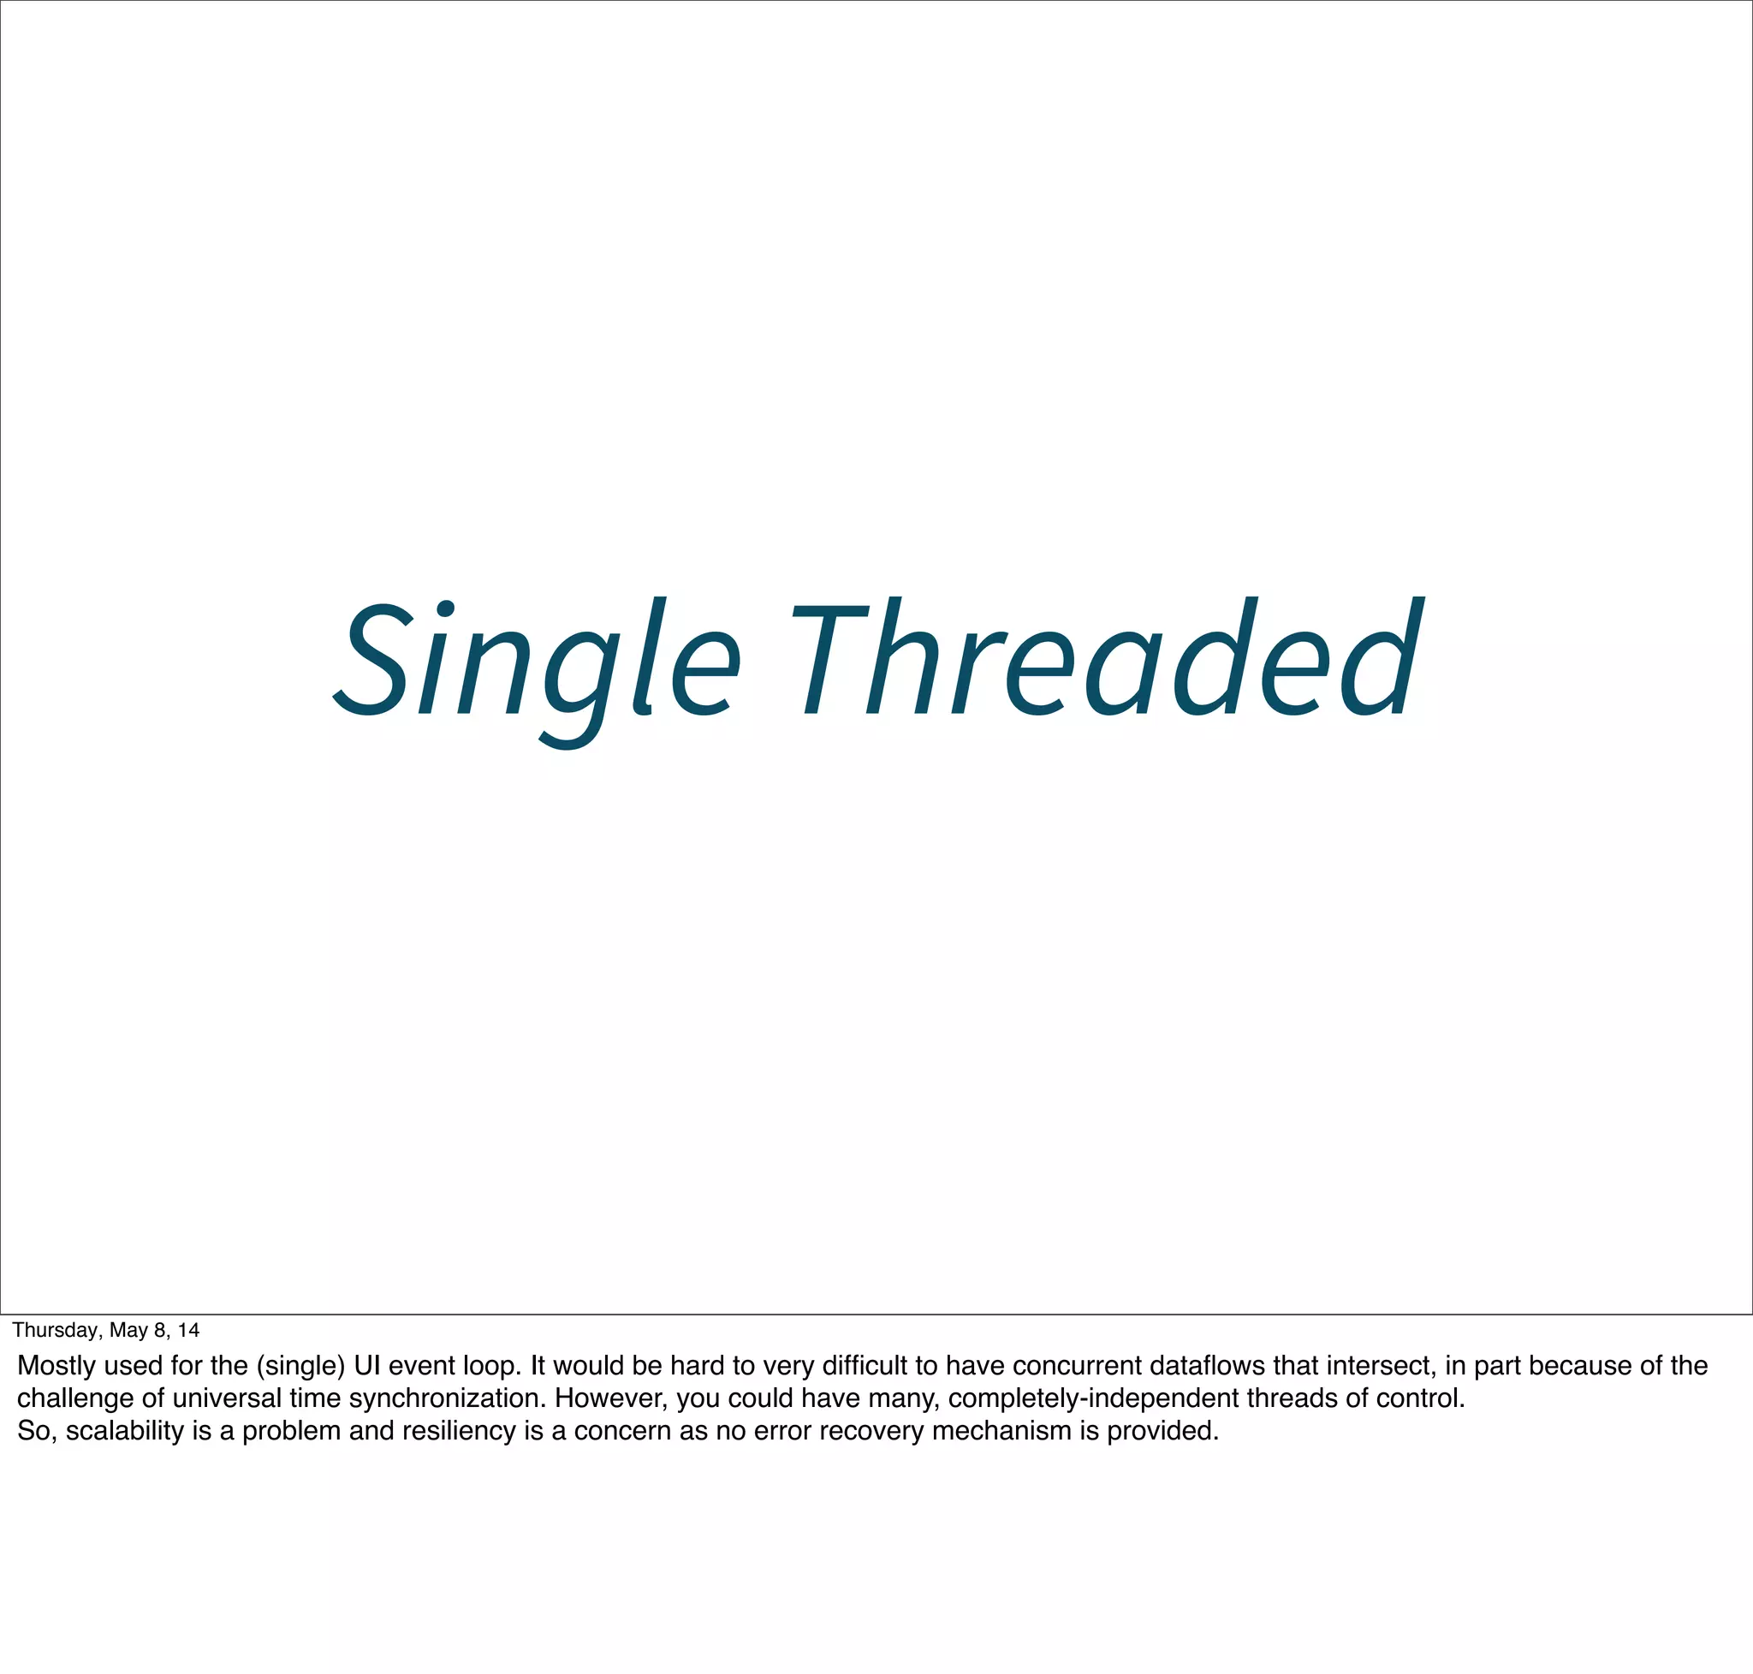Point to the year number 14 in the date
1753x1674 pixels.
point(188,1331)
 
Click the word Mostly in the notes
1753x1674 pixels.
point(56,1366)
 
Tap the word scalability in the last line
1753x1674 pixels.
point(125,1431)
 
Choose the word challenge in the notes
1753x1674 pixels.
point(76,1398)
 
